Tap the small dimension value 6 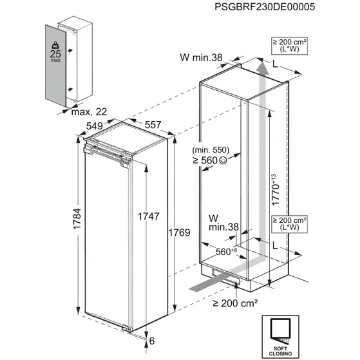tap(153, 341)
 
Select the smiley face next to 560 tap(223, 160)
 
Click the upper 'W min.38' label tap(200, 58)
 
